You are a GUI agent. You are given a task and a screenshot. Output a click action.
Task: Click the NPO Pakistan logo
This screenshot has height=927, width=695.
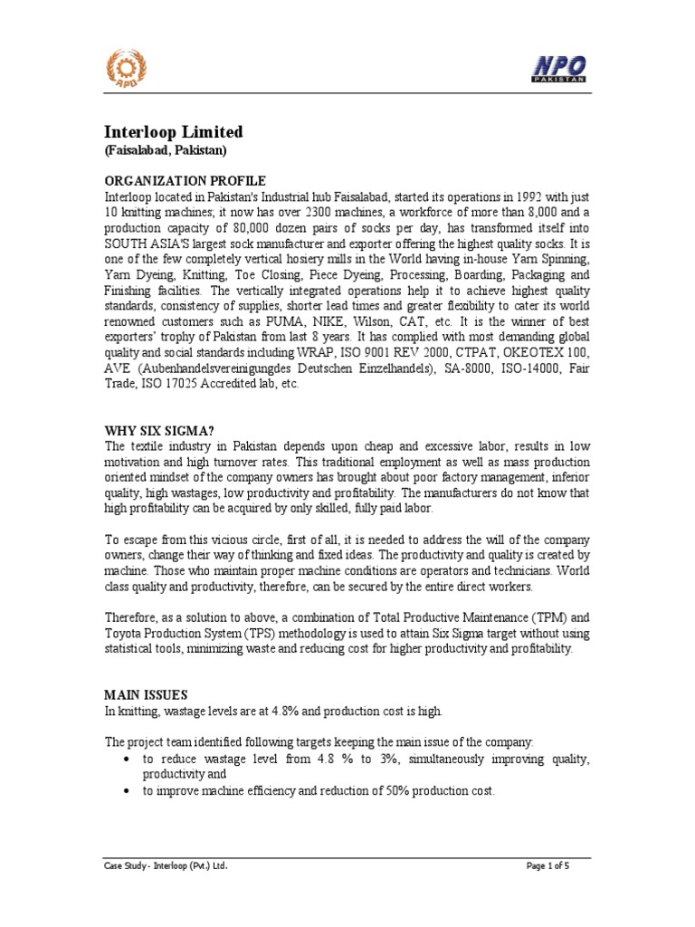(557, 68)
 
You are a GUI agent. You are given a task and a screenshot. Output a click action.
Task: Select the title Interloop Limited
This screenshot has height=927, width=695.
(174, 132)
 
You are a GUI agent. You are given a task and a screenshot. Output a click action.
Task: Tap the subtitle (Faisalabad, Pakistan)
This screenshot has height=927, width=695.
(166, 150)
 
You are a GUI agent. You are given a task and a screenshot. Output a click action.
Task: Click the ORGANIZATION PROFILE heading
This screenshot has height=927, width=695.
(186, 180)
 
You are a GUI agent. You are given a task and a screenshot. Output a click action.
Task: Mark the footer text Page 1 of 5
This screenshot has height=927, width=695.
(547, 866)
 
